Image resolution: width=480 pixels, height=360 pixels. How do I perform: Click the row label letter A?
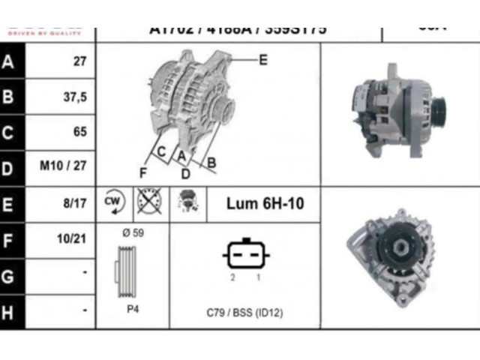coord(9,62)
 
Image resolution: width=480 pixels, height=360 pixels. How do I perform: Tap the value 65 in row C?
coord(79,132)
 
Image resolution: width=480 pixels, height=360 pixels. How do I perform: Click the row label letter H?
coord(9,310)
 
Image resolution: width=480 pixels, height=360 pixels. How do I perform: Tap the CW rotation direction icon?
coord(113,202)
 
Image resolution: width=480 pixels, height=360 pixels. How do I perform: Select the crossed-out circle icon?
coord(145,202)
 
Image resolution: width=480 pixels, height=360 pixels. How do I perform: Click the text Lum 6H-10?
coord(265,203)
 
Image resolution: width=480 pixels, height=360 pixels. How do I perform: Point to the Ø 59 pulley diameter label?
coord(132,232)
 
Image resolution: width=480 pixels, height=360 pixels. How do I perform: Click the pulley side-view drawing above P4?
coord(127,271)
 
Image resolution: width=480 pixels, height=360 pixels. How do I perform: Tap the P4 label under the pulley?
coord(132,309)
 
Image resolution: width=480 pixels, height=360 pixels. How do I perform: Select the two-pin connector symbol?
coord(244,255)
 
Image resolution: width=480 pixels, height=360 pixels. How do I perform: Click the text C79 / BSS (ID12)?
coord(244,312)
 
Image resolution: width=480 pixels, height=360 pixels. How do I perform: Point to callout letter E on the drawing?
coord(262,60)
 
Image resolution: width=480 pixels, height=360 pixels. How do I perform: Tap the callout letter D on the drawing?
coord(184,174)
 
